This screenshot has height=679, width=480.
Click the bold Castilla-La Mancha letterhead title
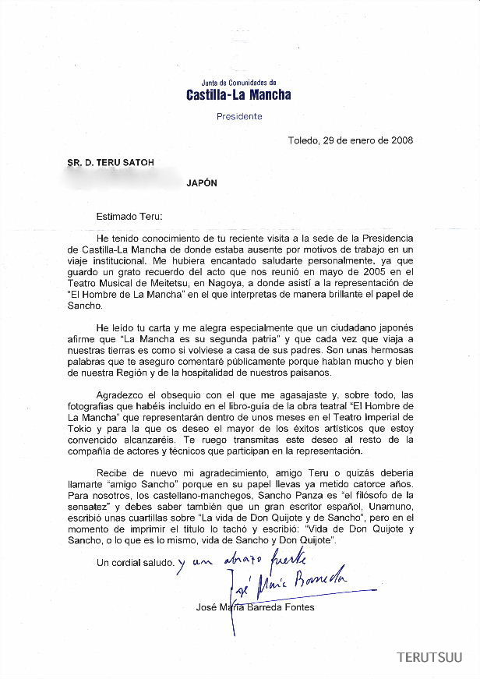tap(238, 95)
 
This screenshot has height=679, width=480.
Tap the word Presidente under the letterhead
tap(238, 116)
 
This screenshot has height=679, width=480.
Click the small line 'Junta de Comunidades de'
tap(238, 82)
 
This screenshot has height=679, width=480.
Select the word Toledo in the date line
tap(303, 141)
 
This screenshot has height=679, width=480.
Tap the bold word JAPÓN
tap(202, 183)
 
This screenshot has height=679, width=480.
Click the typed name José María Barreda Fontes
tap(256, 607)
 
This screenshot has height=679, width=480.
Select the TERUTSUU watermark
tap(429, 658)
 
